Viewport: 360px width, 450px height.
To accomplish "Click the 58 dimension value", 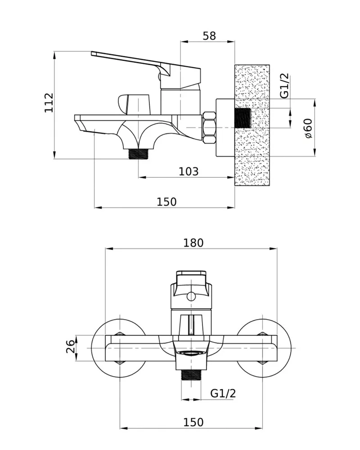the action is pos(209,36).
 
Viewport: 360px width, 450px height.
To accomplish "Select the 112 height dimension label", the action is pos(49,103).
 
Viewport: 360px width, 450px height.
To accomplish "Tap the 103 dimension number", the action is pos(189,171).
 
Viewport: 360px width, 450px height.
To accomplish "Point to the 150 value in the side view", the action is pos(166,202).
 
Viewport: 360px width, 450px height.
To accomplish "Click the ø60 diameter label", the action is pos(308,128).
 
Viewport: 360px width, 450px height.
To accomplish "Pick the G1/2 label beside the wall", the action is pos(284,86).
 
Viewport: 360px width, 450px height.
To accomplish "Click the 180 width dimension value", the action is pos(193,243).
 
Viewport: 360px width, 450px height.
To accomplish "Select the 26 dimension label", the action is pos(71,346).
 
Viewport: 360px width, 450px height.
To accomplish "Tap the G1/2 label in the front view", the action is pos(223,393).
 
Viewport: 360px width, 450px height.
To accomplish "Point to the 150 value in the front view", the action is pos(193,422).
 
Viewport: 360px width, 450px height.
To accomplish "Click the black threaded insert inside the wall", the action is pos(243,118).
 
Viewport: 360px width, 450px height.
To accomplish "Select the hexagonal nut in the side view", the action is pos(209,127).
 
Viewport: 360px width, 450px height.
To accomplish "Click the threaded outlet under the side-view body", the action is pos(139,154).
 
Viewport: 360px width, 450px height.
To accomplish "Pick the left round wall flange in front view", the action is pos(120,348).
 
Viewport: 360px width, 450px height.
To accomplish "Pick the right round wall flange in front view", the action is pos(262,348).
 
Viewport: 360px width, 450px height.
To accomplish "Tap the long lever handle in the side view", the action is pos(145,69).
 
